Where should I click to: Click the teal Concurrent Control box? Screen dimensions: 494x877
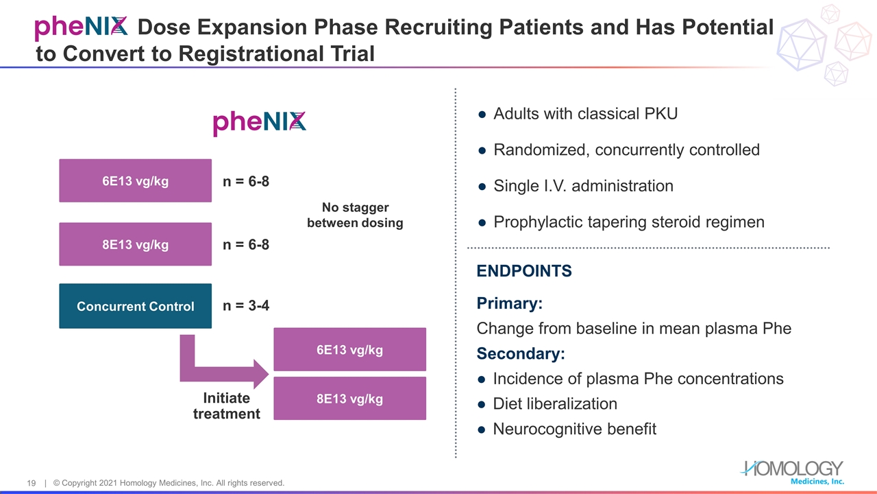click(x=135, y=306)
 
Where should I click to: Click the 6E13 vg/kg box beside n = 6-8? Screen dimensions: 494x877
click(x=135, y=181)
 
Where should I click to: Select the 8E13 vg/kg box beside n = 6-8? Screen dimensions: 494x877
click(x=135, y=244)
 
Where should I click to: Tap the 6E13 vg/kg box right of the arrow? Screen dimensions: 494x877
click(x=349, y=350)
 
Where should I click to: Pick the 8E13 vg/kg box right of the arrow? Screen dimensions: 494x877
click(x=349, y=399)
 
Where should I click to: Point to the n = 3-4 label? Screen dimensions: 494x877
click(x=246, y=306)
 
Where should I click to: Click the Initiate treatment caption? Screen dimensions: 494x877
click(x=226, y=405)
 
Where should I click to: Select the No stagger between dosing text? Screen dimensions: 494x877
click(x=355, y=215)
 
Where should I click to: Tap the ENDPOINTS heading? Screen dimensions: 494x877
click(x=524, y=271)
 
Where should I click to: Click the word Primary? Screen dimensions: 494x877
click(x=510, y=303)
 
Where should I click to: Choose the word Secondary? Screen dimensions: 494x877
click(x=521, y=354)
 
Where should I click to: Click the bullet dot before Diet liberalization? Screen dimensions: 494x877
click(x=482, y=405)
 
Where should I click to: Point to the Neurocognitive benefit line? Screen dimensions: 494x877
click(x=574, y=430)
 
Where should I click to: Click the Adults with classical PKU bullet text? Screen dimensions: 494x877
click(x=585, y=114)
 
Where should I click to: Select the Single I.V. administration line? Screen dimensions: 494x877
click(x=583, y=186)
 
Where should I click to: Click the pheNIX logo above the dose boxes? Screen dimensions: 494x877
click(x=259, y=123)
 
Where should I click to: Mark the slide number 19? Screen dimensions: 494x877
click(x=32, y=484)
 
